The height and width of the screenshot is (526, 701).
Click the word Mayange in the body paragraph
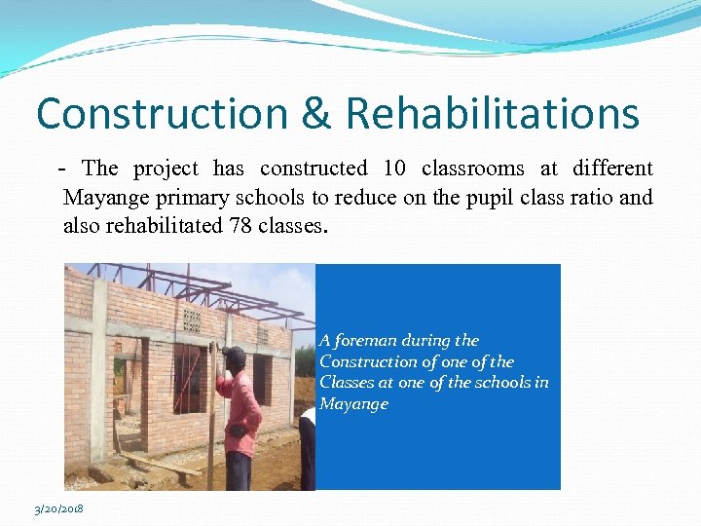click(101, 199)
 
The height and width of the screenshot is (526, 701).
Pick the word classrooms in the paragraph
click(471, 169)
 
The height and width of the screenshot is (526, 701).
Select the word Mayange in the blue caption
click(353, 403)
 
